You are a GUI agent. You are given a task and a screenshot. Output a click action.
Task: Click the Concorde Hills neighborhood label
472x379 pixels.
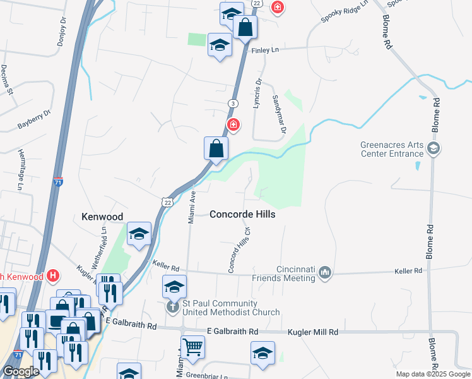242,214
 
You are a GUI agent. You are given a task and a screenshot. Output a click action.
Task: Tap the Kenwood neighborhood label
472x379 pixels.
102,217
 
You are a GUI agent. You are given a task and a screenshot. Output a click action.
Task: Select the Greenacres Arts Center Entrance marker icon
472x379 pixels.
433,149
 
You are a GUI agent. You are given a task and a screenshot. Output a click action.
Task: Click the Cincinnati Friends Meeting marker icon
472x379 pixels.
325,272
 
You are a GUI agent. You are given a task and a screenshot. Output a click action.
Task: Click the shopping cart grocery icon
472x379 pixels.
193,347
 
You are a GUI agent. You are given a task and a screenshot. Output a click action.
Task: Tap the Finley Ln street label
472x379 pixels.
265,50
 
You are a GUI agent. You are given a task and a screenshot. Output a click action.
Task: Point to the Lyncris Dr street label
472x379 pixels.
257,93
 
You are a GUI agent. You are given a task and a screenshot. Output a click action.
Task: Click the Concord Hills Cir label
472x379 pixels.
240,251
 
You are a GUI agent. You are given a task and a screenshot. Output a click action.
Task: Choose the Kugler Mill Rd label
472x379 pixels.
313,332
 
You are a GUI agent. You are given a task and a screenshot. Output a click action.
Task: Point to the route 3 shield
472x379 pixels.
233,103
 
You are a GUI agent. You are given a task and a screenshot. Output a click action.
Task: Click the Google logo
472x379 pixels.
21,371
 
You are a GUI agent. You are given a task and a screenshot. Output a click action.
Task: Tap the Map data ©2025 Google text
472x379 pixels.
432,374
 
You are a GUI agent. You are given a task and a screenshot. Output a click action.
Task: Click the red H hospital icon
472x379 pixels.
53,276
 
